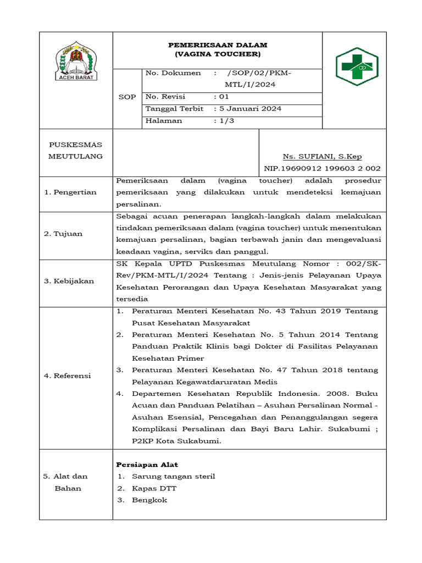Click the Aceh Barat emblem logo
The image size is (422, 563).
click(76, 62)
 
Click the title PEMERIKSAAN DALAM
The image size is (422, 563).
click(218, 45)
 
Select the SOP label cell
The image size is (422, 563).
click(127, 97)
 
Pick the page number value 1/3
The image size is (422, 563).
click(226, 121)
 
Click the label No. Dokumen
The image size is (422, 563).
click(173, 73)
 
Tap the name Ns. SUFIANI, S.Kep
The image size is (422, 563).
click(322, 157)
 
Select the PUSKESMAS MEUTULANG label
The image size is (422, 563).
click(76, 151)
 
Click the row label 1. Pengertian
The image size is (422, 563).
click(70, 192)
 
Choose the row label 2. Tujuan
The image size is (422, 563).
click(63, 234)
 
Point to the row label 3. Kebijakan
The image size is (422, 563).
click(69, 281)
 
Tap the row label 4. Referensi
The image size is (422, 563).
click(67, 376)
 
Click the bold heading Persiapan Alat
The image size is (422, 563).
click(147, 465)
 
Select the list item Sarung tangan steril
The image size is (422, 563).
click(174, 476)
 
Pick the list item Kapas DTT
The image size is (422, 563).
click(154, 488)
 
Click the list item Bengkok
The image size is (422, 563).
click(149, 500)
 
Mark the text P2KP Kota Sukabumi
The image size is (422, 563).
click(176, 441)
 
